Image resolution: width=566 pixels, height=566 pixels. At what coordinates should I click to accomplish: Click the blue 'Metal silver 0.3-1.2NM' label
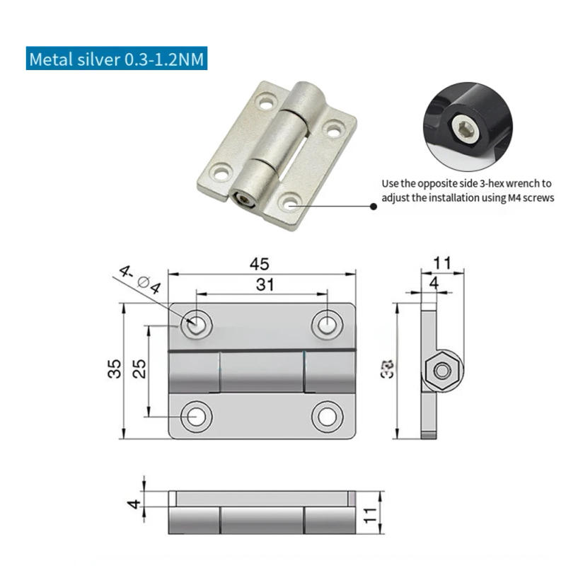coord(117,59)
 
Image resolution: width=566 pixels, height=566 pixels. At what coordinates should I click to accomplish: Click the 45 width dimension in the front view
coord(261,264)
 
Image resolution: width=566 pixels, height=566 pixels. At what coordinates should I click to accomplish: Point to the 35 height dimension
coord(115,369)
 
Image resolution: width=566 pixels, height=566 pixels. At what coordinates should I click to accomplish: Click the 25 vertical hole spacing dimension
coord(139,369)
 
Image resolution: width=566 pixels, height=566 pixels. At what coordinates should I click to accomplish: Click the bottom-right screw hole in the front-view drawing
coord(326,416)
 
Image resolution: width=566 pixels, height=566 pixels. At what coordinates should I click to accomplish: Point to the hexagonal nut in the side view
coord(442,370)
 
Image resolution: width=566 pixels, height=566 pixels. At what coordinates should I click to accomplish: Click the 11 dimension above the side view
coord(442,263)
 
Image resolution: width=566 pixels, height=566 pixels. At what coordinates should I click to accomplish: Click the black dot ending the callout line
coord(374,207)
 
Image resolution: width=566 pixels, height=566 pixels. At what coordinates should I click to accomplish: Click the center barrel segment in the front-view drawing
coord(261,373)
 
